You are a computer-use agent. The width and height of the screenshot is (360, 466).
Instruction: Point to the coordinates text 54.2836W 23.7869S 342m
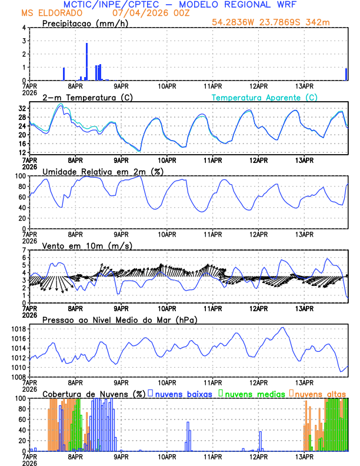(x=271, y=22)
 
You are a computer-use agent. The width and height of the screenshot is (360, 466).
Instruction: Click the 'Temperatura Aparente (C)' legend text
(x=265, y=97)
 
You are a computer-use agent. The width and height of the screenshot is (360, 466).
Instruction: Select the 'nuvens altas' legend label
(x=321, y=393)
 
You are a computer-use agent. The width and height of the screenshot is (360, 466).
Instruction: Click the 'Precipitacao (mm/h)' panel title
(x=85, y=24)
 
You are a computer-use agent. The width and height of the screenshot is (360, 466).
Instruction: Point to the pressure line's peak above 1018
(x=283, y=328)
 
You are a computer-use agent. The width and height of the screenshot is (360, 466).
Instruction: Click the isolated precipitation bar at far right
(x=346, y=74)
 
